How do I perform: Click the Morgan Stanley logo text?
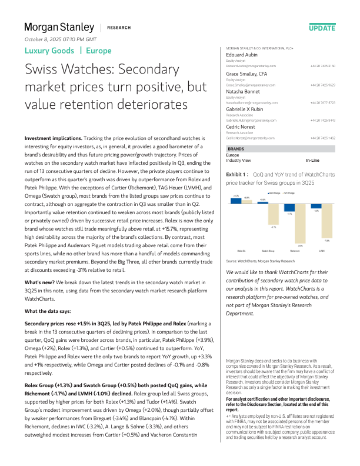[x=59, y=27]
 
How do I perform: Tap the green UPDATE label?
[x=322, y=28]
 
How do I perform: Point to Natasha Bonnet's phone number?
[x=323, y=102]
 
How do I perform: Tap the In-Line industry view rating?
[x=312, y=160]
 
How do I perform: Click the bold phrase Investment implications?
[x=54, y=138]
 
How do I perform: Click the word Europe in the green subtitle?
[x=98, y=51]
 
